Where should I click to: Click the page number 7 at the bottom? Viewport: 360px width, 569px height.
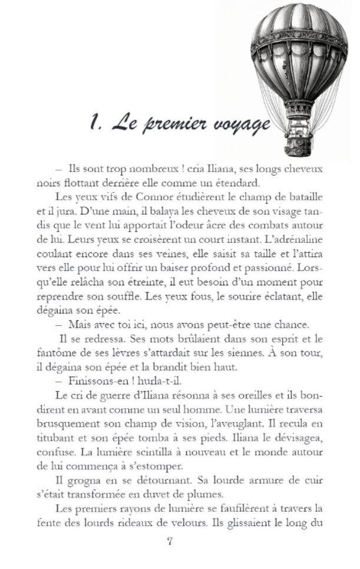[x=170, y=542]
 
